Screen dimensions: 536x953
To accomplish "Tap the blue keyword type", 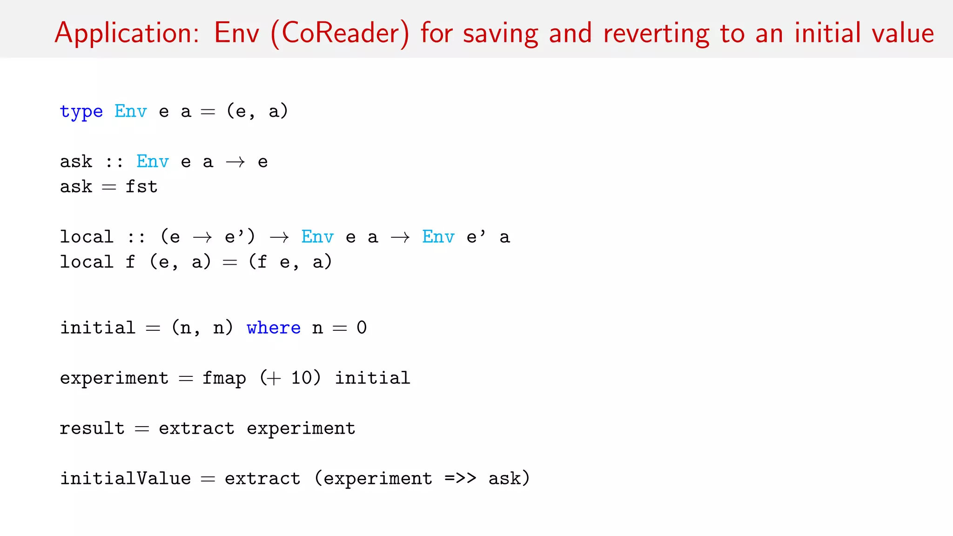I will (x=81, y=112).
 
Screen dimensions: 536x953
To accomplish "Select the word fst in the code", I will (x=141, y=187).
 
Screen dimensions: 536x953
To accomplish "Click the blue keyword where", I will (x=274, y=328).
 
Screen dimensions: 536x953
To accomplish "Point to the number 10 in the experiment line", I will (x=302, y=378).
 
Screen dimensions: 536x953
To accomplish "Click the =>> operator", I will (x=460, y=478).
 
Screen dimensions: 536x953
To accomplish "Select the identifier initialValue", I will (x=126, y=478).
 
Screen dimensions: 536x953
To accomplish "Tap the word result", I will (x=92, y=428).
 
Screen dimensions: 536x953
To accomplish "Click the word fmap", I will (x=224, y=378).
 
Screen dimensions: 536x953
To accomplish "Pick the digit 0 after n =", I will (x=362, y=328).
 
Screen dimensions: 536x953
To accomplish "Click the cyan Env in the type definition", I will (x=131, y=111).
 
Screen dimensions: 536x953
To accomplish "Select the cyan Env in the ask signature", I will (x=153, y=161).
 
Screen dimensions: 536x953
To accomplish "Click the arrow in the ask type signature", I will (x=235, y=162).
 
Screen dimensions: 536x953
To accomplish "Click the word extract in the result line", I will (x=196, y=428).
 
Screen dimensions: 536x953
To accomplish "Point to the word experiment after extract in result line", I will (x=301, y=429).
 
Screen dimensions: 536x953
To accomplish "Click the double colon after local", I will (x=136, y=237).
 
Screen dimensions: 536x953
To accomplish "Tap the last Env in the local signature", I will (x=438, y=237).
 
